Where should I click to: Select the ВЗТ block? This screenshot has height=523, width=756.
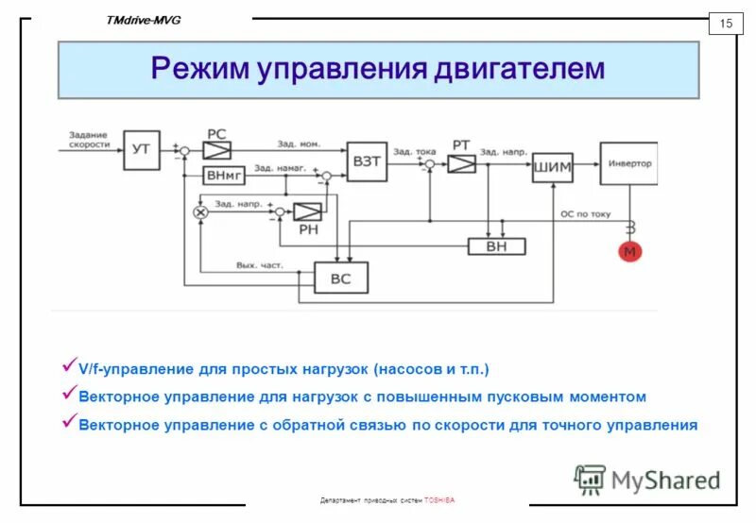[x=367, y=161]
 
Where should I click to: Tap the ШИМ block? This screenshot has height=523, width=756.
[x=552, y=167]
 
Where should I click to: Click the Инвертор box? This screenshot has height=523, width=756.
[x=627, y=163]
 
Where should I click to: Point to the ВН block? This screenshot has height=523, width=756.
[x=497, y=245]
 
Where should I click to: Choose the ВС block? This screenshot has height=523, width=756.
[x=340, y=278]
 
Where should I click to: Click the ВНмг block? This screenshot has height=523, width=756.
[x=224, y=175]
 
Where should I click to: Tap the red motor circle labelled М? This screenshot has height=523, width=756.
[x=629, y=252]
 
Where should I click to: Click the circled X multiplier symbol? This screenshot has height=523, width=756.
[x=199, y=212]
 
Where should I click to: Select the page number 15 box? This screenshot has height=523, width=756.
[x=726, y=24]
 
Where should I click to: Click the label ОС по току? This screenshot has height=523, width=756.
[x=586, y=215]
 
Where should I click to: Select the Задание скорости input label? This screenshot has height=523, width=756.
[x=88, y=140]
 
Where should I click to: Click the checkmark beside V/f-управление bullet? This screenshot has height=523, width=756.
[x=68, y=363]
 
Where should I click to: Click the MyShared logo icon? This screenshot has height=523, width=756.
[x=590, y=479]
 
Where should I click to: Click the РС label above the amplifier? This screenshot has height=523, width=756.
[x=215, y=133]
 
